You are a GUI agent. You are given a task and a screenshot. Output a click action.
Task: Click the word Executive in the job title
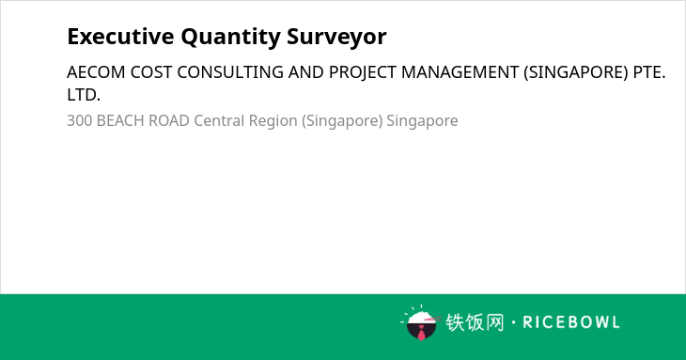coord(120,37)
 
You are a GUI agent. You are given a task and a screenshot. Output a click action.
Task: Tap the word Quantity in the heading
coord(230,38)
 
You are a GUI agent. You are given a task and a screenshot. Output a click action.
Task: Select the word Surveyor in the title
coord(336,38)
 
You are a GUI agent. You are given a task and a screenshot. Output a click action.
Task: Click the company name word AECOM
coord(96,72)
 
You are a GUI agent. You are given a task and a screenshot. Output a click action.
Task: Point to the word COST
coord(151,72)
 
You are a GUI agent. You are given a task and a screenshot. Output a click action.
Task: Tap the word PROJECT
coord(362,72)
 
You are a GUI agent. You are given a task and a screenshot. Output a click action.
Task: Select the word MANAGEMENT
coord(460,72)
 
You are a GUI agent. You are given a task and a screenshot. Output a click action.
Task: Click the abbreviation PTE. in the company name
coord(649,72)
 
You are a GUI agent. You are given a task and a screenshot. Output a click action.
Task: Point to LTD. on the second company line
coord(84,95)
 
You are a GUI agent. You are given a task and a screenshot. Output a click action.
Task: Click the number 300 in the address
coord(79,120)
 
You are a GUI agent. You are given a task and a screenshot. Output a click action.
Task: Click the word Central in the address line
coord(219,120)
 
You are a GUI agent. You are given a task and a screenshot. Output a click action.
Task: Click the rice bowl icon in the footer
coord(421,322)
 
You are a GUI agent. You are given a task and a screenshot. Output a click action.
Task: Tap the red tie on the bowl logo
coord(421,334)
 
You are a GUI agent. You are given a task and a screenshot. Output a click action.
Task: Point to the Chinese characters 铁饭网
coord(475,322)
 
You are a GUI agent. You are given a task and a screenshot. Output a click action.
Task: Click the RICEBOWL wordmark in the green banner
coord(571,322)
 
